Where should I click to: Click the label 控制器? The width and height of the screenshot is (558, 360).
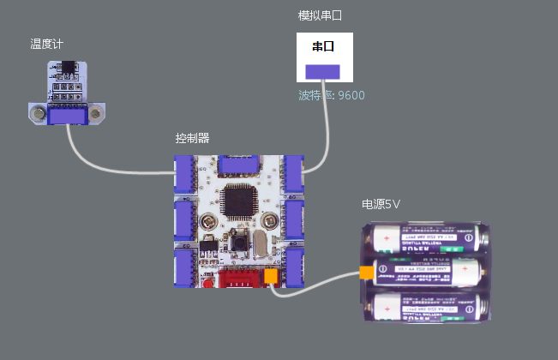(x=192, y=138)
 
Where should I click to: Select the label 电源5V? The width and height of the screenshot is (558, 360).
(x=381, y=205)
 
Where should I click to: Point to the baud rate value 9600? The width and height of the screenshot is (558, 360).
(x=351, y=94)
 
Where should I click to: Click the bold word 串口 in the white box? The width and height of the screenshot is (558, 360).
(x=323, y=46)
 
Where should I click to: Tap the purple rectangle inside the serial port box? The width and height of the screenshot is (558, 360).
(x=323, y=71)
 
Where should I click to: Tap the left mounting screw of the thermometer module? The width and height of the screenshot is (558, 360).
(x=37, y=111)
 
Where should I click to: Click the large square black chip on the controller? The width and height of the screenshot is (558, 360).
(x=236, y=201)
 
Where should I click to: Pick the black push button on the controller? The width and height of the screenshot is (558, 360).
(x=232, y=243)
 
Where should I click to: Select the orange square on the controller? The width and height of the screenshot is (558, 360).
(x=272, y=277)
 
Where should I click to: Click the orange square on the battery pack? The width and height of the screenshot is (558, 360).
(x=367, y=273)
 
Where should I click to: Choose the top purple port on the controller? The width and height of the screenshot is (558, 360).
(x=240, y=165)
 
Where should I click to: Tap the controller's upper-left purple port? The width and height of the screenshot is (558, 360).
(x=185, y=174)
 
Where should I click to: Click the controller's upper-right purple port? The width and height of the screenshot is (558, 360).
(x=295, y=174)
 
